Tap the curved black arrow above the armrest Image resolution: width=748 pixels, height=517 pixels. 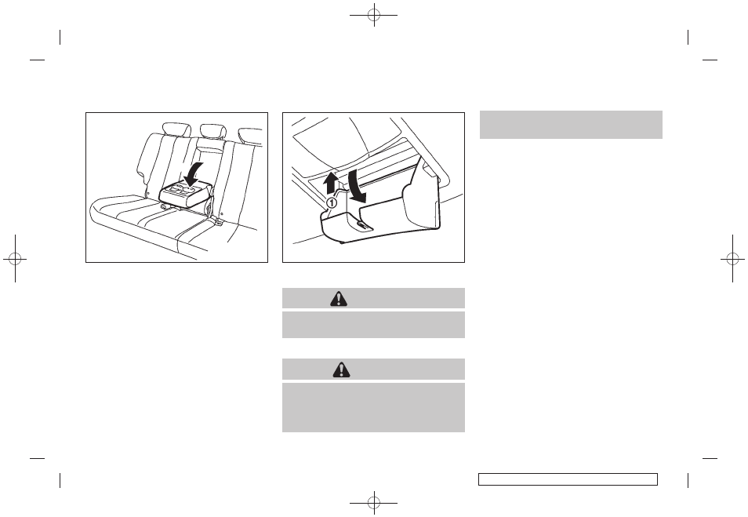point(194,174)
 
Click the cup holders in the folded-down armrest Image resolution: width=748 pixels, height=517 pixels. point(183,190)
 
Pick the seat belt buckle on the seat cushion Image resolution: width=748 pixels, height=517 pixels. point(217,220)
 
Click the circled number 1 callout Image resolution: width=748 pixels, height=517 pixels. point(332,203)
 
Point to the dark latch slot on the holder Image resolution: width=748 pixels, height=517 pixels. point(361,225)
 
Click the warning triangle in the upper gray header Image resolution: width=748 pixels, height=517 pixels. point(339,299)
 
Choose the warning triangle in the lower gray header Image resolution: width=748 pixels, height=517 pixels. point(342,370)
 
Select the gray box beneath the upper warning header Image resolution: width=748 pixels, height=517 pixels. point(373,325)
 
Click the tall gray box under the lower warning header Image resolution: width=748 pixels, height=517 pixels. point(373,408)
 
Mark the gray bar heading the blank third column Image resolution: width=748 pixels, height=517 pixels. point(571,125)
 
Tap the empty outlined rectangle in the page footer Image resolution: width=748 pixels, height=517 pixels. point(568,479)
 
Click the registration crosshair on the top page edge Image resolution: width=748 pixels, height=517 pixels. point(374,15)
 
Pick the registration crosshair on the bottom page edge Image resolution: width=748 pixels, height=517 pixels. point(374,502)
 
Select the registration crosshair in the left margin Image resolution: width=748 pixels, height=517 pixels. point(15,259)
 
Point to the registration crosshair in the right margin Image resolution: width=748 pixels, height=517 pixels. point(733,259)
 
